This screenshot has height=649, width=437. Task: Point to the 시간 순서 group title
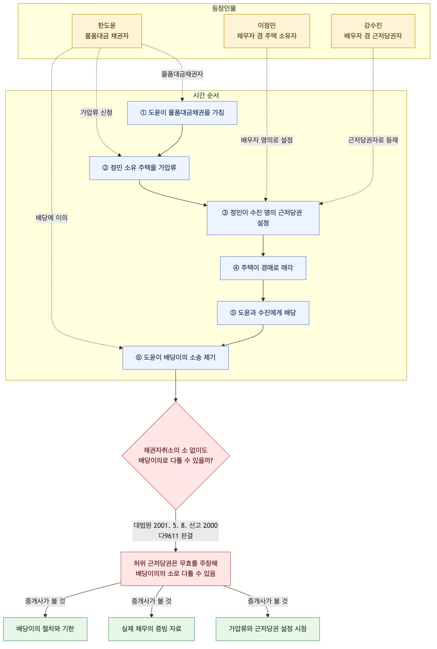tap(206, 95)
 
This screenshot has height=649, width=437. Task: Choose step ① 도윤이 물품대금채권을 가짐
tap(182, 113)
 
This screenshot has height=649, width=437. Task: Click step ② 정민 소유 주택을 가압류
tap(139, 168)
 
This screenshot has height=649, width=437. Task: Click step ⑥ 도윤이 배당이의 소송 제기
tap(176, 358)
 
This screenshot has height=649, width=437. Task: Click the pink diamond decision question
tap(176, 456)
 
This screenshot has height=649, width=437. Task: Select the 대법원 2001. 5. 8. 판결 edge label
tap(176, 530)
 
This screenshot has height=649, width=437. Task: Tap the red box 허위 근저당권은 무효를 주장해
tap(176, 569)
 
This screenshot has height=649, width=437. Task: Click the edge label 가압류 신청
tap(96, 113)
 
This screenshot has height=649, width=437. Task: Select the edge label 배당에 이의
tap(52, 218)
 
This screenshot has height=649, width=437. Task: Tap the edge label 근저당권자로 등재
tap(373, 140)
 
